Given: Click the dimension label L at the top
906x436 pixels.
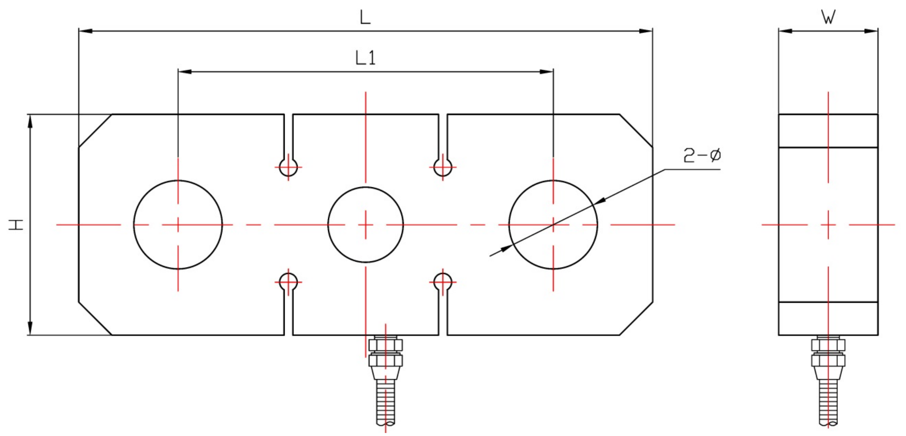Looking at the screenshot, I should pyautogui.click(x=365, y=18).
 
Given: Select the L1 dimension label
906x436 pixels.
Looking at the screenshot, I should pyautogui.click(x=365, y=58).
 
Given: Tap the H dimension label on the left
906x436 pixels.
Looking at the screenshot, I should pyautogui.click(x=17, y=224).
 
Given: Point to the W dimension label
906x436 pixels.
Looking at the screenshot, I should pyautogui.click(x=828, y=18).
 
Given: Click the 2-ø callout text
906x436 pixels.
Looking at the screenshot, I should pyautogui.click(x=702, y=156).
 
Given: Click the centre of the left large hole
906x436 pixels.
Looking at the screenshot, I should pyautogui.click(x=178, y=225).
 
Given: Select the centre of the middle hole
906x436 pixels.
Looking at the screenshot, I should pyautogui.click(x=365, y=225).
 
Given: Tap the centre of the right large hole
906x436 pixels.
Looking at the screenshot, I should pyautogui.click(x=553, y=225).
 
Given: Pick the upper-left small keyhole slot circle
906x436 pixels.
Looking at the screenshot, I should pyautogui.click(x=288, y=167).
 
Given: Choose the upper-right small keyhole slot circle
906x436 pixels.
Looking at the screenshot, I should pyautogui.click(x=443, y=167).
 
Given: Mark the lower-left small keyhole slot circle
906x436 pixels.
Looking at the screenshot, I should pyautogui.click(x=288, y=282).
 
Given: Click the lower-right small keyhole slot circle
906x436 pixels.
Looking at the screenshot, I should pyautogui.click(x=443, y=282).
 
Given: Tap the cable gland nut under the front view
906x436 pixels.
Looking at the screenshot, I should pyautogui.click(x=385, y=352).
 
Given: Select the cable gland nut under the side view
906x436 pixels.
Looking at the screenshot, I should pyautogui.click(x=828, y=352).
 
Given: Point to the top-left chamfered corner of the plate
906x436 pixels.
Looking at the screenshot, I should pyautogui.click(x=95, y=130).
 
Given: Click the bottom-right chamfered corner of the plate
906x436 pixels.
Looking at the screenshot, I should pyautogui.click(x=636, y=318).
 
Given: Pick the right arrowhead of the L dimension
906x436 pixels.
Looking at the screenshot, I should pyautogui.click(x=646, y=31).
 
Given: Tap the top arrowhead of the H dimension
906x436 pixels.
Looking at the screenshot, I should pyautogui.click(x=30, y=121).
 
